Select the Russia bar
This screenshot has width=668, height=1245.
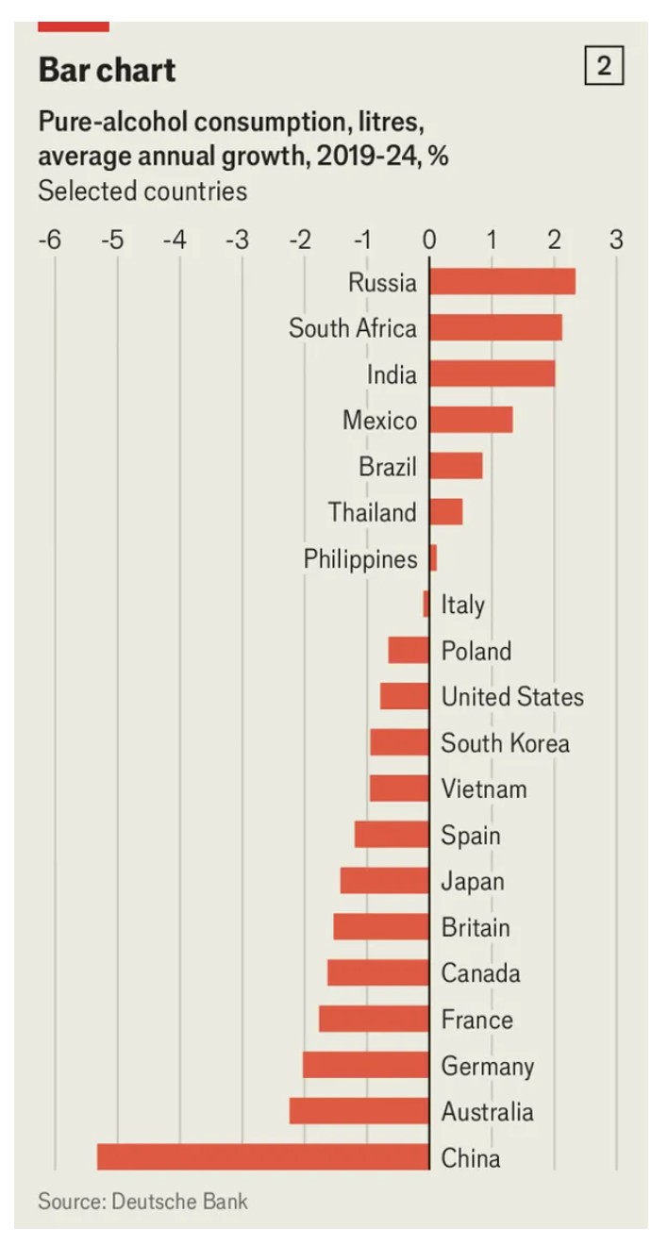pyautogui.click(x=502, y=281)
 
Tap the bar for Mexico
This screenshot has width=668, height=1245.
pyautogui.click(x=471, y=419)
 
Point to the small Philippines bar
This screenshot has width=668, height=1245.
pyautogui.click(x=433, y=557)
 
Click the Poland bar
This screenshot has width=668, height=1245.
pyautogui.click(x=409, y=650)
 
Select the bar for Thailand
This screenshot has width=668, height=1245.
pyautogui.click(x=445, y=511)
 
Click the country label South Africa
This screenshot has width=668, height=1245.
pyautogui.click(x=352, y=328)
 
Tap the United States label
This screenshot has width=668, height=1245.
pyautogui.click(x=512, y=697)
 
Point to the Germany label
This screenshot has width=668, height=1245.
pyautogui.click(x=488, y=1066)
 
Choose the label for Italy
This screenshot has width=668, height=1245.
pyautogui.click(x=462, y=605)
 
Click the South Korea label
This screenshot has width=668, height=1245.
pyautogui.click(x=505, y=743)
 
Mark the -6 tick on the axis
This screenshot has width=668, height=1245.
pyautogui.click(x=49, y=240)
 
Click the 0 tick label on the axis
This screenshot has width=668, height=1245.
pyautogui.click(x=429, y=240)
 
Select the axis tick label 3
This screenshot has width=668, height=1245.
pyautogui.click(x=616, y=240)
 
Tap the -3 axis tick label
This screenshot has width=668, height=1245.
pyautogui.click(x=237, y=240)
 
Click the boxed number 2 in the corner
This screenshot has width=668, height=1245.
pyautogui.click(x=604, y=67)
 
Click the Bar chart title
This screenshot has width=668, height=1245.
pyautogui.click(x=107, y=70)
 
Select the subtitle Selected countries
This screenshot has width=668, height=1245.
pyautogui.click(x=142, y=191)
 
